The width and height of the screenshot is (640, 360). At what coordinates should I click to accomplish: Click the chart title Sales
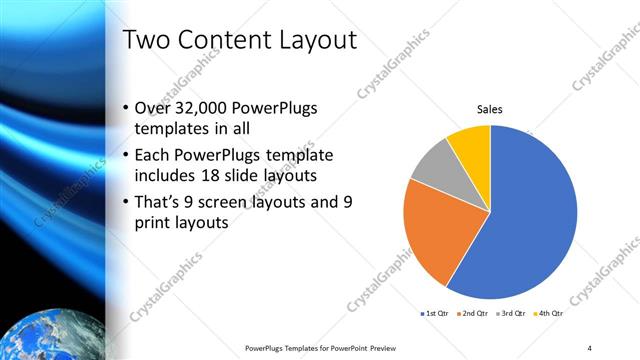[489, 110]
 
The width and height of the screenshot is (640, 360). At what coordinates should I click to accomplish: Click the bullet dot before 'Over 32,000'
[124, 108]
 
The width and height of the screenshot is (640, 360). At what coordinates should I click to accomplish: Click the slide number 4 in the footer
[589, 348]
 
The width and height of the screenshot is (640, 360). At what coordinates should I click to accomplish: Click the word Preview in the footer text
[391, 348]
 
